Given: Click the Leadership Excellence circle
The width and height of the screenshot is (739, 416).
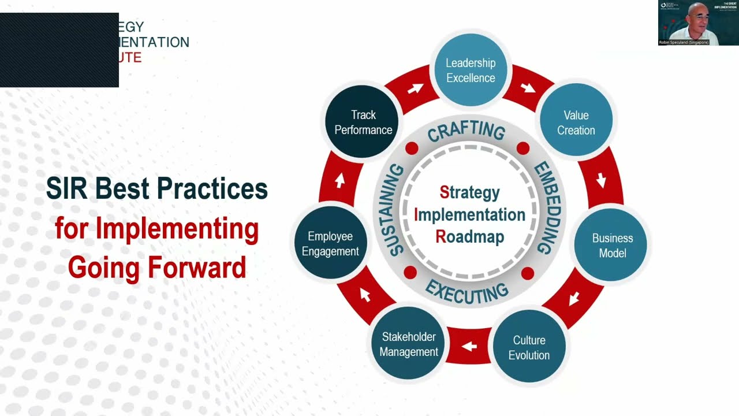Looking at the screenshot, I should click(471, 70).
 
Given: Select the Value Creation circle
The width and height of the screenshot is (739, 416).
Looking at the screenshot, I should click(576, 122).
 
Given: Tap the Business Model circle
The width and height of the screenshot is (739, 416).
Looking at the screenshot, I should click(612, 246).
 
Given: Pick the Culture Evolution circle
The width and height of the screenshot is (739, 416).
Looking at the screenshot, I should click(529, 347).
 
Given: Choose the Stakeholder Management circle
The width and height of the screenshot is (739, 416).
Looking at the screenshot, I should click(409, 344).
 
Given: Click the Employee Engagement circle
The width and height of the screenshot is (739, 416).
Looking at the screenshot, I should click(330, 244).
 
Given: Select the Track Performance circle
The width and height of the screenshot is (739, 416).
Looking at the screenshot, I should click(363, 122).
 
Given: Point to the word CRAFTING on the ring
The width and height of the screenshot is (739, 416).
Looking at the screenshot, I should click(466, 131).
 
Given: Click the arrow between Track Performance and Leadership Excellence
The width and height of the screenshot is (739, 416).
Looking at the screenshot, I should click(415, 88).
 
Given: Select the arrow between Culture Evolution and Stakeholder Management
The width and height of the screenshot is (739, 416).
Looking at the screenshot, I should click(469, 346).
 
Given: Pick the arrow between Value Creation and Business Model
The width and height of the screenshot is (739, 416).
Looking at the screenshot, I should click(601, 180).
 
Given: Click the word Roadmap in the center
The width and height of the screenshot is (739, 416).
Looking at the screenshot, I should click(470, 237).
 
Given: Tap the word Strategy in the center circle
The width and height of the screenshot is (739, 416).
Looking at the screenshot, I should click(470, 192).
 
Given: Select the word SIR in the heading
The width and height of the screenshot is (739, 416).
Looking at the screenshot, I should click(68, 189).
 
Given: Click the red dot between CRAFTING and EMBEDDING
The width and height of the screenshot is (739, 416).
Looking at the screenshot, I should click(523, 148).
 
